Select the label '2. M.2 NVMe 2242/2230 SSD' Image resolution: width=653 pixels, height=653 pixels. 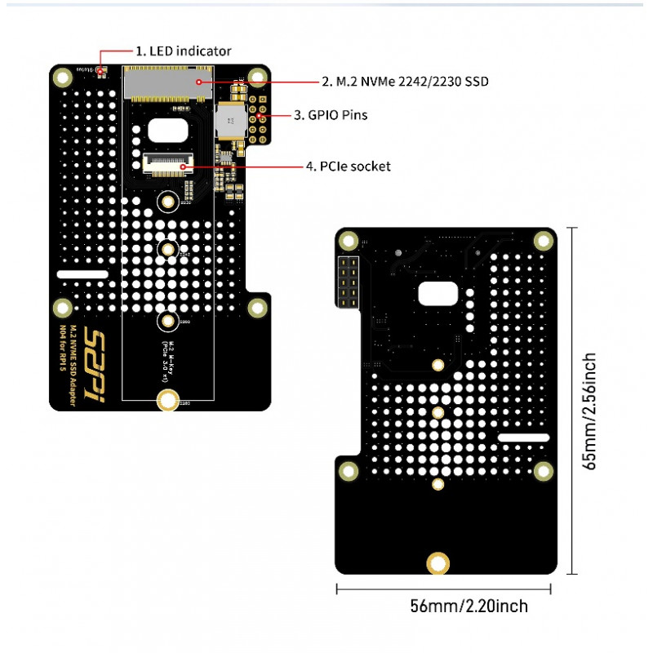click(406, 82)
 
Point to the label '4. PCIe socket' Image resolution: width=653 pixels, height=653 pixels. click(349, 167)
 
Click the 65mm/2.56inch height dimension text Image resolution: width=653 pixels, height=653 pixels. click(590, 411)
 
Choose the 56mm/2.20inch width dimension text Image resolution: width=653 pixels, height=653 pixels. click(469, 606)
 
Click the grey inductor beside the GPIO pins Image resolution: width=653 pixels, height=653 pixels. click(229, 120)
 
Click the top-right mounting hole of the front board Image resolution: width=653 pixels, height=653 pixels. click(258, 78)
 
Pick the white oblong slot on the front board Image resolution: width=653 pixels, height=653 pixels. click(82, 275)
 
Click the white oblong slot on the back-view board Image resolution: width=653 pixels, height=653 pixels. click(523, 438)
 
